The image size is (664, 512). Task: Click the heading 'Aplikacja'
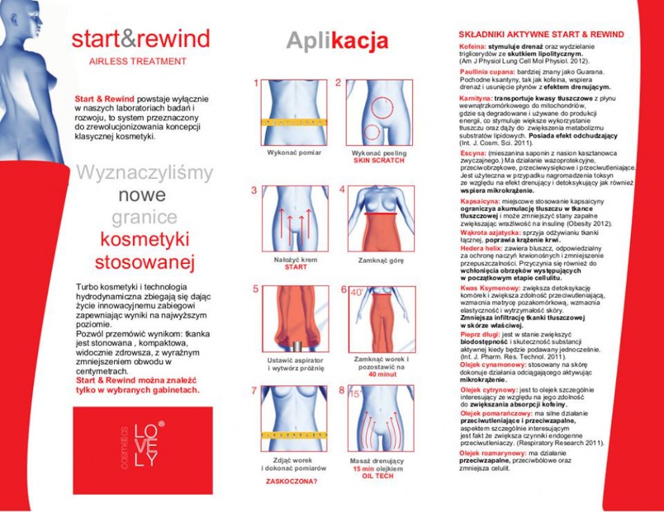coord(337,40)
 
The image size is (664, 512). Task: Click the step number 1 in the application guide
coord(255,84)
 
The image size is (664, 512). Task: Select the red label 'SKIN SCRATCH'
coord(378,160)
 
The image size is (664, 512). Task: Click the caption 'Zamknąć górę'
coord(380,261)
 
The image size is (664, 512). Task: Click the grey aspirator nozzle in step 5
coord(297,346)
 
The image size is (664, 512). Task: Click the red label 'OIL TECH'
coord(378,476)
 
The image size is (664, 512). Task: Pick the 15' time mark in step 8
coord(356,393)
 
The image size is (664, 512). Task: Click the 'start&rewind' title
coord(140,38)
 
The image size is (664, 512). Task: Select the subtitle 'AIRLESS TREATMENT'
coord(137,62)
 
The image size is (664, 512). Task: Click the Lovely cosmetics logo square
coord(133,450)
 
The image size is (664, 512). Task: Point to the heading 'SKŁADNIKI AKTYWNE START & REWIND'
coord(541,34)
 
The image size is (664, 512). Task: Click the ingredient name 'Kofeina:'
coord(473,46)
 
